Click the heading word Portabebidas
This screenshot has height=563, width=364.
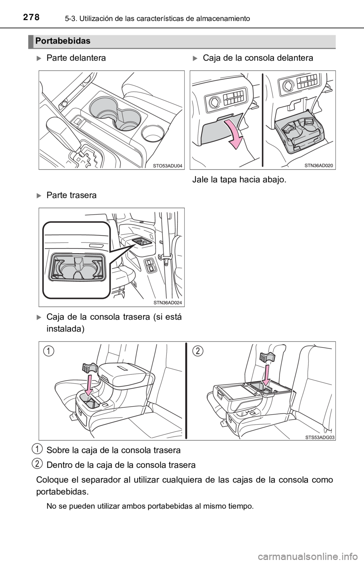coord(63,41)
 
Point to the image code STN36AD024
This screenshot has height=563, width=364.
coord(168,303)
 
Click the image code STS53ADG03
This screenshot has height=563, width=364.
coord(320,437)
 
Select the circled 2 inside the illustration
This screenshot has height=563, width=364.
coord(198,351)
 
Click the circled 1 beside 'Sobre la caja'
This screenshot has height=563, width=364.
coord(38,449)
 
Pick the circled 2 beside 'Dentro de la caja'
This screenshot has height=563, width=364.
coord(38,463)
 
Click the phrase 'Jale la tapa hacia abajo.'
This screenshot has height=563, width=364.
coord(239,180)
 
